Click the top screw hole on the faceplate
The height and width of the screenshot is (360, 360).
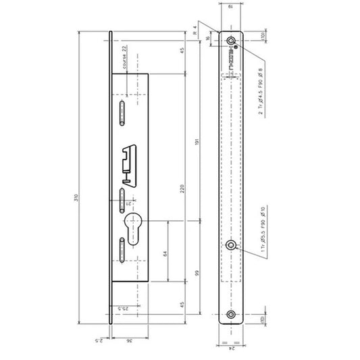pos(232,39)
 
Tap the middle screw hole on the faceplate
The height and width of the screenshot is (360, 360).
pos(232,245)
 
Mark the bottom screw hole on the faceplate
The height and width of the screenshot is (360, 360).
pos(232,314)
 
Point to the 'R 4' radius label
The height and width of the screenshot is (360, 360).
pos(195,30)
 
